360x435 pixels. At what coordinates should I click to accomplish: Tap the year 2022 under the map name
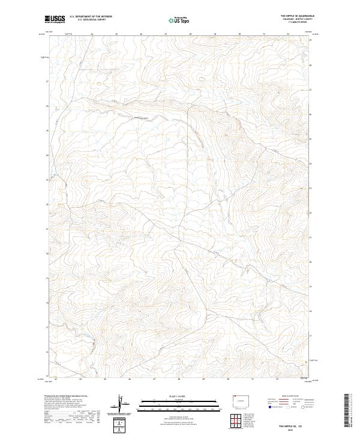point(296,428)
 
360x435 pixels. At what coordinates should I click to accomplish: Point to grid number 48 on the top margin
point(190,34)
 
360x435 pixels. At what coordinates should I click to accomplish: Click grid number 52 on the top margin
point(289,34)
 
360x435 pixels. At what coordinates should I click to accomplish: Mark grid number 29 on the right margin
point(310,40)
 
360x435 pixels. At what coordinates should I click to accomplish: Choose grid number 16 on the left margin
point(47,352)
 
